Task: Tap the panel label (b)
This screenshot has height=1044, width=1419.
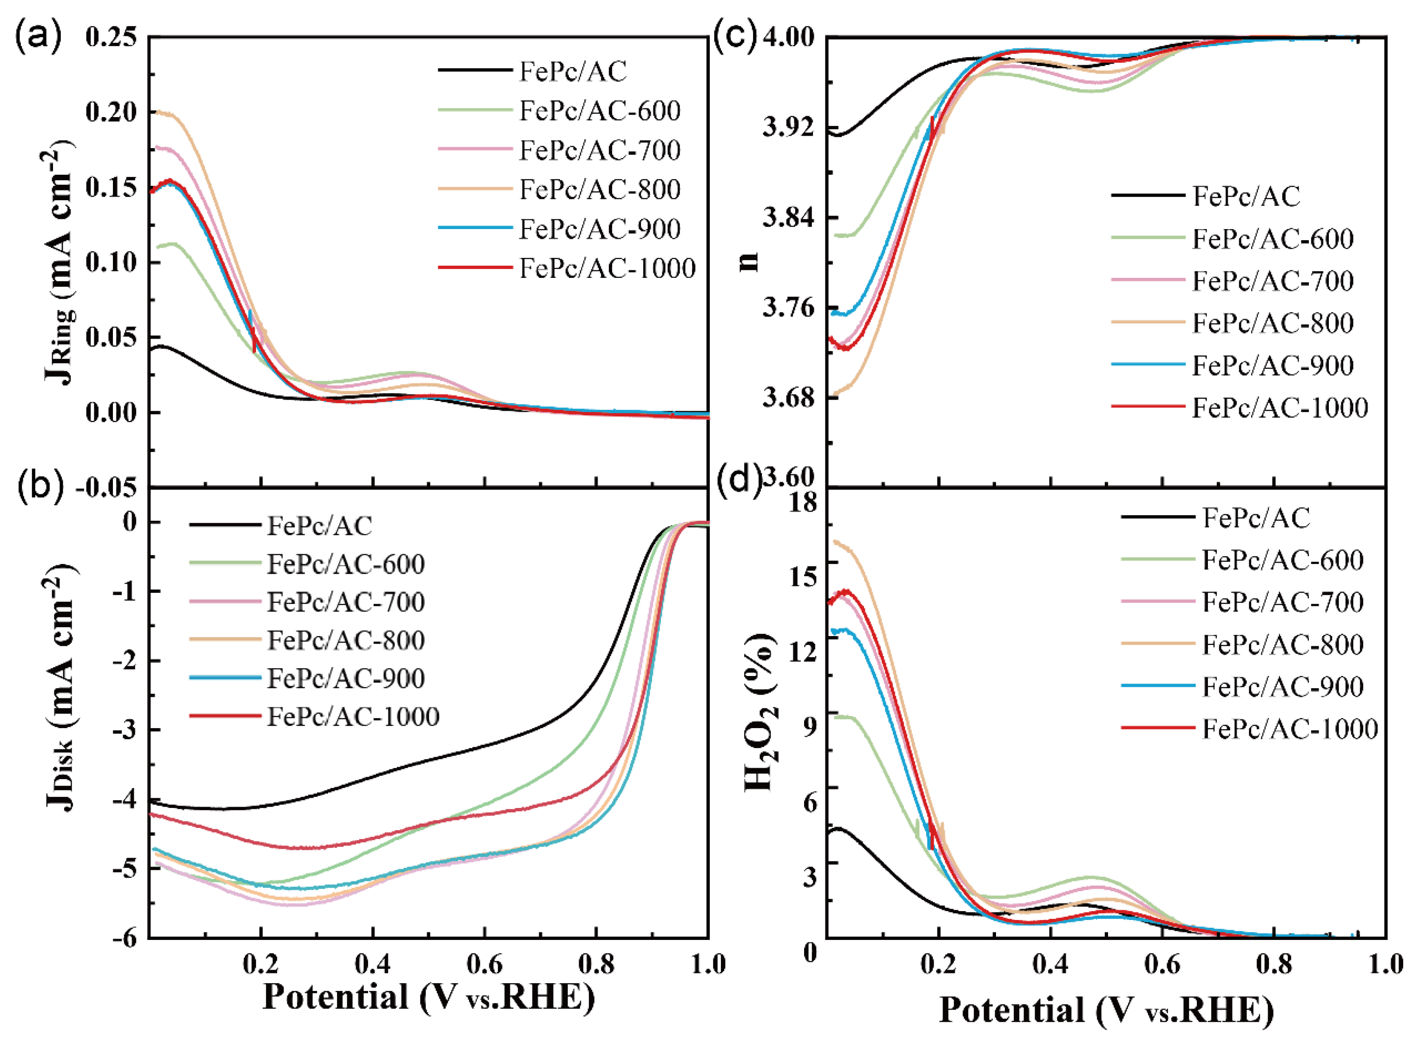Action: coord(39,486)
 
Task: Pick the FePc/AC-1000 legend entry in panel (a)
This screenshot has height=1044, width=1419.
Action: coord(607,269)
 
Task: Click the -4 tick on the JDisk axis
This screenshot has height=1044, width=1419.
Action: coord(124,800)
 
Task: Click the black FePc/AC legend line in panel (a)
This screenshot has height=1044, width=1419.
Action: coord(475,70)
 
